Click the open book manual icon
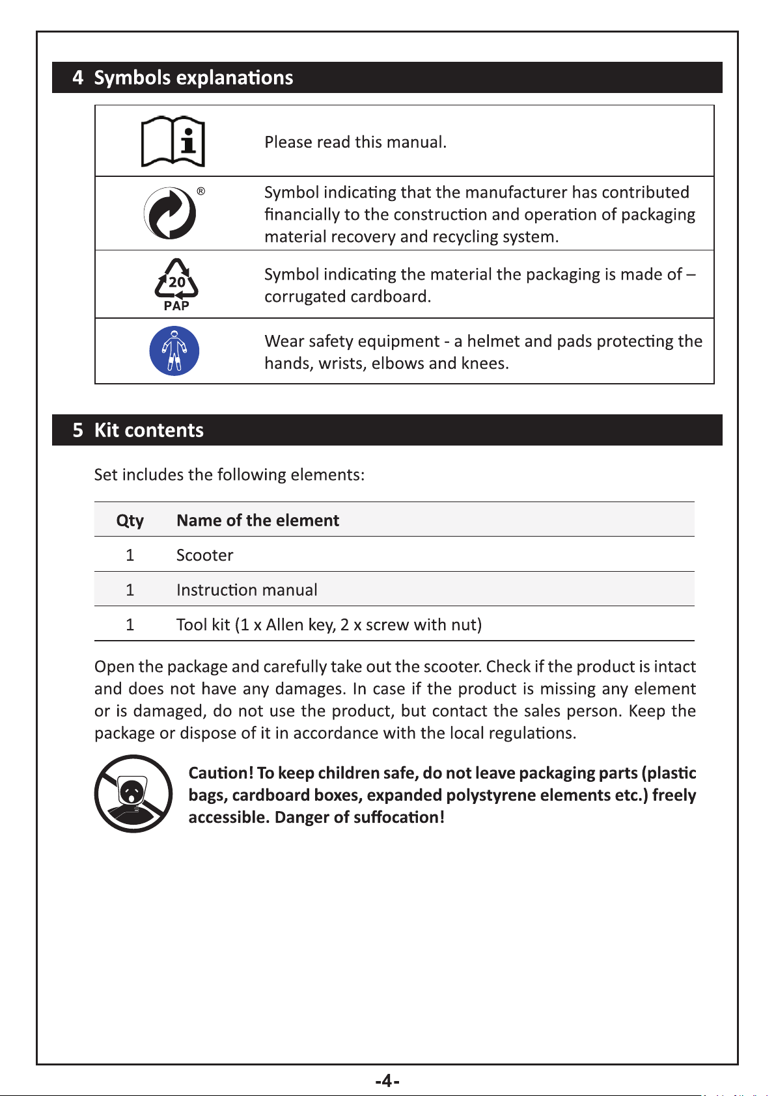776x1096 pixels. [x=173, y=142]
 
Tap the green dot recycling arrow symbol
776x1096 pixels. [x=170, y=213]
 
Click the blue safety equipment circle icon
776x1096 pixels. [x=174, y=351]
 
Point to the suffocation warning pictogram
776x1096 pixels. [x=133, y=794]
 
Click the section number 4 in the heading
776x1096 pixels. [x=78, y=77]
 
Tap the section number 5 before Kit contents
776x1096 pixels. [x=78, y=430]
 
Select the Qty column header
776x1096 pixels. [x=130, y=520]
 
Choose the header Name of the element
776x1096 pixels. [x=258, y=520]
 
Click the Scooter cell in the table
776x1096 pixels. [x=204, y=555]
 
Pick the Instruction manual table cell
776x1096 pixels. [x=247, y=590]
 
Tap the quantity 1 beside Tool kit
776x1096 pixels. [x=130, y=625]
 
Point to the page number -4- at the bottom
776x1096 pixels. [x=387, y=1081]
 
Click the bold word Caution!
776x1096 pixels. [x=221, y=773]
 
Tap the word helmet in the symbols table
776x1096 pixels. [x=493, y=341]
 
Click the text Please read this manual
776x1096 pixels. [x=355, y=142]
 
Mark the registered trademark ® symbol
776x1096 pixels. [x=201, y=192]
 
